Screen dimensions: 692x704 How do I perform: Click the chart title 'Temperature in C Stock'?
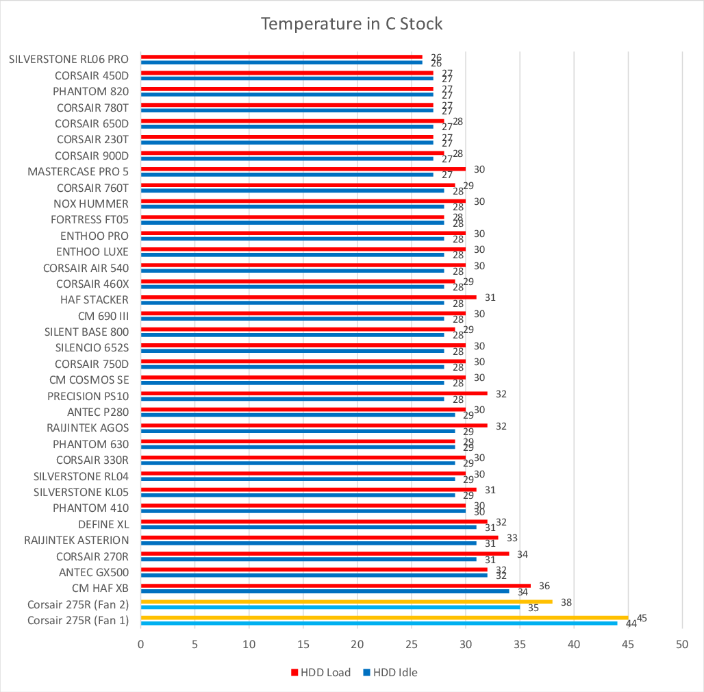352,24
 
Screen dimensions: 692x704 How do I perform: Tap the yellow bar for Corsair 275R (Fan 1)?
384,617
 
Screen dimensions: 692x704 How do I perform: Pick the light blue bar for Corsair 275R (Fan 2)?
330,607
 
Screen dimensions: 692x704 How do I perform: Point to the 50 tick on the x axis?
682,644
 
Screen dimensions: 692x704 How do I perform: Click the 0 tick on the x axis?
141,644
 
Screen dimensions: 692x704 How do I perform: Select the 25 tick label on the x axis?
412,644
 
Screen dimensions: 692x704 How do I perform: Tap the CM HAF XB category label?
100,588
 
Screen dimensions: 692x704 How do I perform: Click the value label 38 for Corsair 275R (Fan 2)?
566,602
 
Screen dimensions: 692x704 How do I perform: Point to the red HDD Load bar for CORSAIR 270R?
325,554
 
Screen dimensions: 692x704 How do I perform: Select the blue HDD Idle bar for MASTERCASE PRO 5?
287,174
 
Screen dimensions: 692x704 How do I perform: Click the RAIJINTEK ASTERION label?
76,540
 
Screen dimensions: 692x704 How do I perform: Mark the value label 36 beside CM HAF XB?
544,586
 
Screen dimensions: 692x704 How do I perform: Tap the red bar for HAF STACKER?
308,297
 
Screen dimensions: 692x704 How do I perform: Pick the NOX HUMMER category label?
90,203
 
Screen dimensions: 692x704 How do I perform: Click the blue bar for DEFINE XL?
308,527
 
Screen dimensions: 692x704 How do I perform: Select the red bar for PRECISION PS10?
314,393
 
